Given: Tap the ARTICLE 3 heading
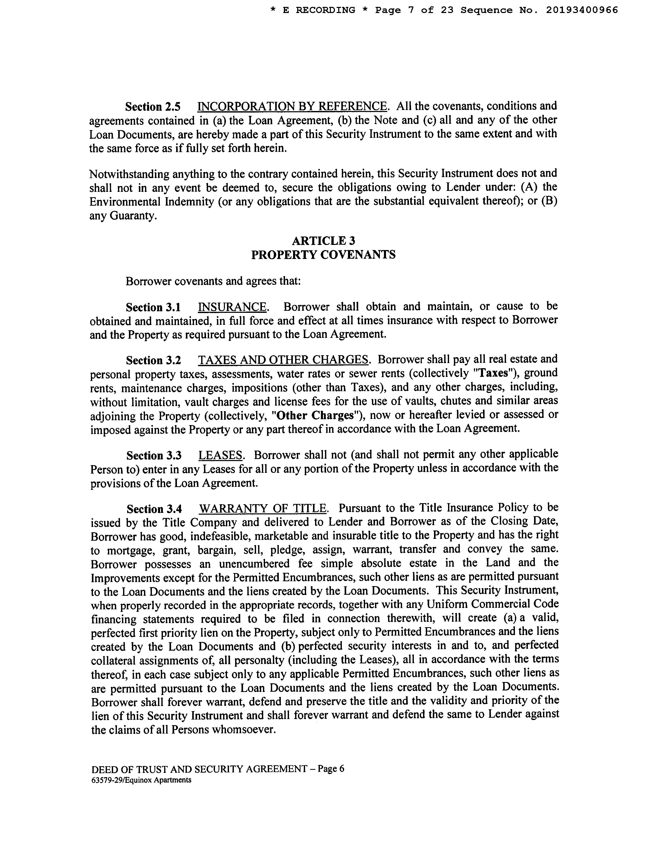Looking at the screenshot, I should tap(323, 241).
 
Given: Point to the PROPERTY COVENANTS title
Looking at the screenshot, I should tap(323, 255).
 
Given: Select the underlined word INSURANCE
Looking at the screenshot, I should tap(232, 307).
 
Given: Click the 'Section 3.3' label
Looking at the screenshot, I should tap(153, 456).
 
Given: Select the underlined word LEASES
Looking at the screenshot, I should tap(220, 455).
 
